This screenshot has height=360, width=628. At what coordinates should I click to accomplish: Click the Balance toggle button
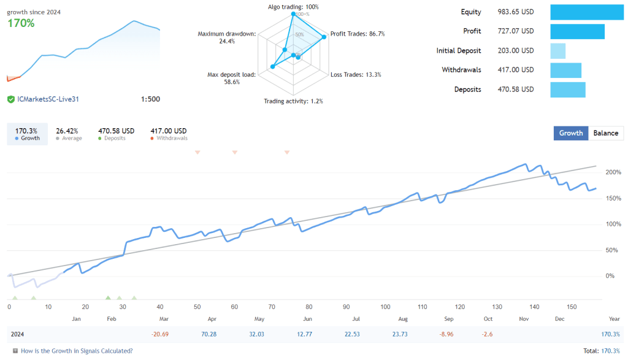click(x=606, y=133)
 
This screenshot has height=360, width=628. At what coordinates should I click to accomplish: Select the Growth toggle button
click(x=571, y=133)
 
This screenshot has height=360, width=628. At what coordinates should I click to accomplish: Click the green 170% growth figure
click(x=21, y=23)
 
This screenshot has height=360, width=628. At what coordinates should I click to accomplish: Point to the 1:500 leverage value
click(x=150, y=99)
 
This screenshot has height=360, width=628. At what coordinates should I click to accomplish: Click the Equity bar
click(x=587, y=12)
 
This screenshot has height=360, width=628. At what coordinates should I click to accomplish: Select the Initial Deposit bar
click(x=558, y=51)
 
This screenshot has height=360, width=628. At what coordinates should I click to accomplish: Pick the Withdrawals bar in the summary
click(x=566, y=70)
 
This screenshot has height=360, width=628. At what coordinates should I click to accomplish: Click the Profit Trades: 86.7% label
click(x=358, y=34)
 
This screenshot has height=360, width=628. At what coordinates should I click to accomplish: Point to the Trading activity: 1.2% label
click(x=293, y=101)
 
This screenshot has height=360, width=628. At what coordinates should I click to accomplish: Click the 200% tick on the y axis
click(x=613, y=172)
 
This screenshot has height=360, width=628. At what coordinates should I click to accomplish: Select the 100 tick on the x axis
click(x=385, y=307)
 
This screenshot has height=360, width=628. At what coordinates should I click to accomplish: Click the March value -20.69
click(x=160, y=334)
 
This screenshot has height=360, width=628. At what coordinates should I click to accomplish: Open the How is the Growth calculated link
click(x=77, y=351)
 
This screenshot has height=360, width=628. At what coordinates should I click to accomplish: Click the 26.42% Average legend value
click(x=68, y=131)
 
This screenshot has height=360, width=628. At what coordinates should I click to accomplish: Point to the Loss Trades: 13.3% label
click(x=356, y=75)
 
